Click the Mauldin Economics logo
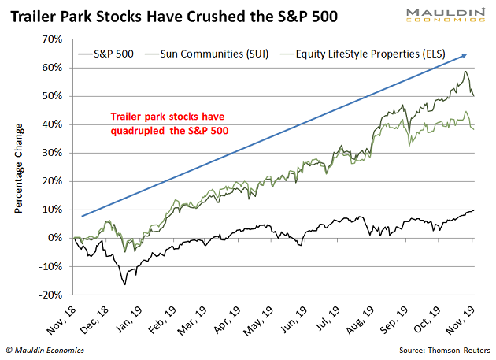(x=446, y=15)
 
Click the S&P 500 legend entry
(x=106, y=54)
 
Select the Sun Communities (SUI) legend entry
(x=206, y=54)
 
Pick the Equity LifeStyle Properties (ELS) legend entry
(x=363, y=54)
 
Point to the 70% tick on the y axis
(x=52, y=39)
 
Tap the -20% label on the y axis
(x=50, y=295)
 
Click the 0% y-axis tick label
(x=55, y=238)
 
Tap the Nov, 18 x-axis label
(x=61, y=320)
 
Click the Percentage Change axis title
(x=19, y=168)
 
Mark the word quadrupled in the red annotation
(x=138, y=131)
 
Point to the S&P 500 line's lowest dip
(x=125, y=284)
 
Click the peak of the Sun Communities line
(x=465, y=71)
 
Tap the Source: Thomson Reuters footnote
(x=445, y=351)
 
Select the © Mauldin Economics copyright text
(x=45, y=351)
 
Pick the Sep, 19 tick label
(x=393, y=320)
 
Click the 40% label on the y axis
(x=52, y=124)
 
